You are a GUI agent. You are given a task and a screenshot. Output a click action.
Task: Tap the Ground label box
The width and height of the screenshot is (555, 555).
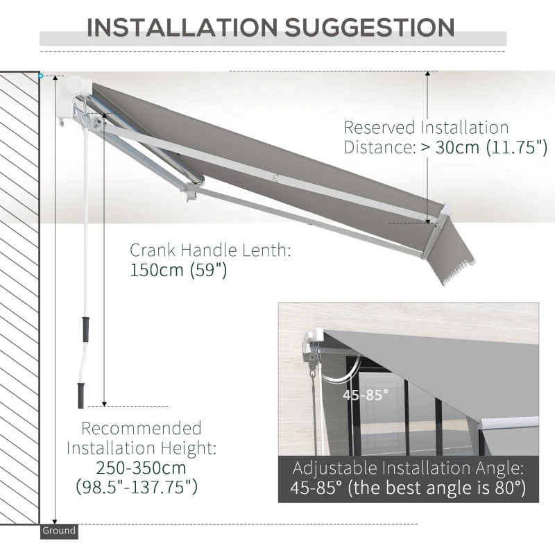click(58, 531)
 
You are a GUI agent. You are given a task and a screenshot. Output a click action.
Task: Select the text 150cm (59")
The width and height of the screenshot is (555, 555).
click(178, 271)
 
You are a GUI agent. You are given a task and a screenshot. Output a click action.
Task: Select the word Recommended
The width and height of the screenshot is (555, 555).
click(142, 428)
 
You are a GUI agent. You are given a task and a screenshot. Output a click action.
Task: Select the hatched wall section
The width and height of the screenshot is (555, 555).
click(19, 298)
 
